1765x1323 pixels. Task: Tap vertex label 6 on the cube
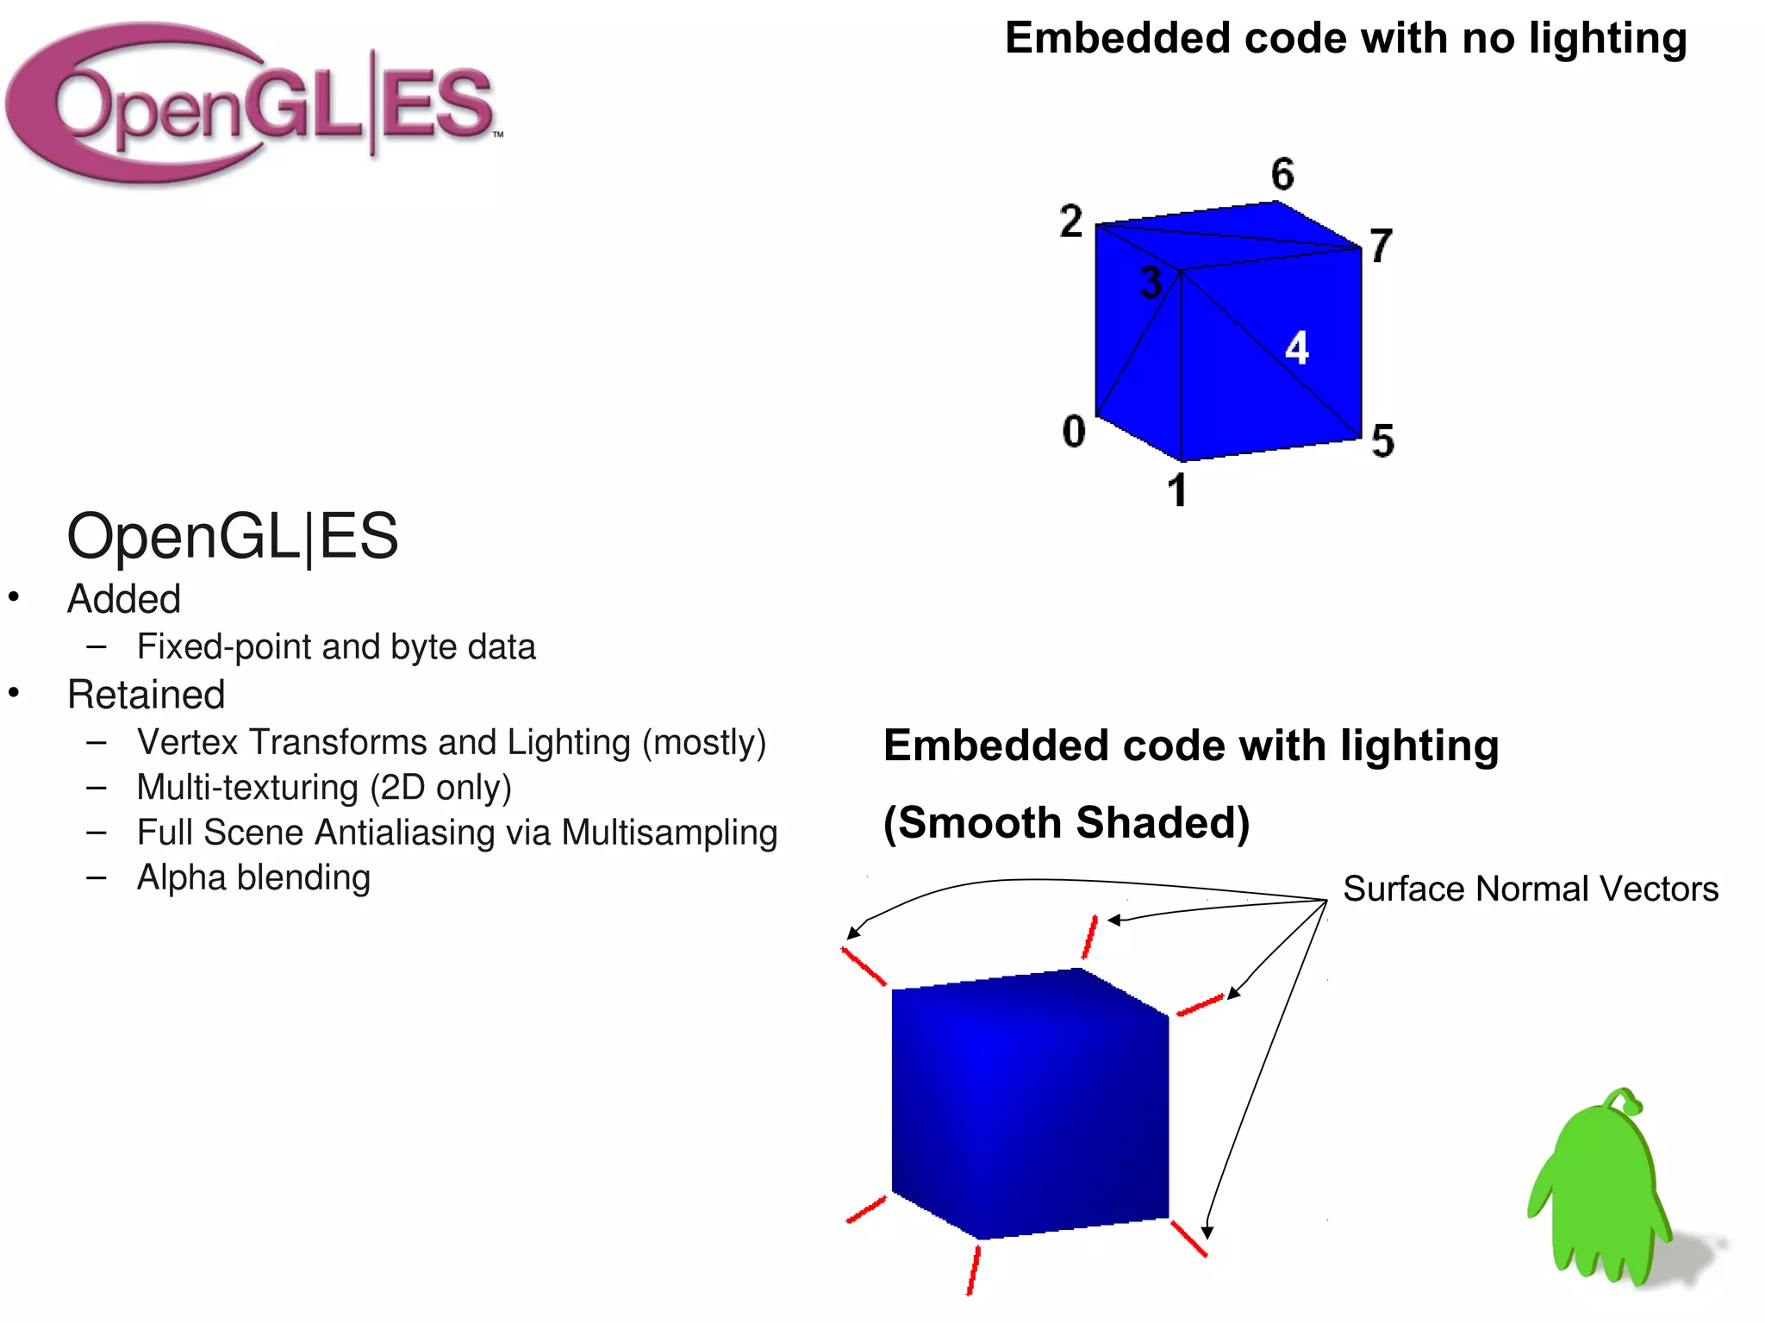(1282, 174)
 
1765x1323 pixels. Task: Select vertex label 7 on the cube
(1381, 246)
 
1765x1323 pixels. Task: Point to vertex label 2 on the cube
(1071, 222)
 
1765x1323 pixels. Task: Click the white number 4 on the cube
(1296, 348)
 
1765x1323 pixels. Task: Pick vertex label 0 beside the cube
(1074, 431)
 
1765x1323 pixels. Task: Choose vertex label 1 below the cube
(1177, 490)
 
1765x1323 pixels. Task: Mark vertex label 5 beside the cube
(1383, 440)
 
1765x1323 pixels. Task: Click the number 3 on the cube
(1151, 283)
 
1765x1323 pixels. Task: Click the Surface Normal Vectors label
(1531, 889)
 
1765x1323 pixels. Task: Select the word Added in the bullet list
(124, 599)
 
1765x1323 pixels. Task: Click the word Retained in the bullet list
(147, 695)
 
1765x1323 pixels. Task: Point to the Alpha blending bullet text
(253, 877)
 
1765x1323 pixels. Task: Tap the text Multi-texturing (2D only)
(324, 788)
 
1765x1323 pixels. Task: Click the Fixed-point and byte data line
(336, 647)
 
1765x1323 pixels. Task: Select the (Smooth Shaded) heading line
(1066, 822)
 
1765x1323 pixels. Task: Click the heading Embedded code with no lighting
(1345, 39)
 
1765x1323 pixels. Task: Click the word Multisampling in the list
(669, 833)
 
